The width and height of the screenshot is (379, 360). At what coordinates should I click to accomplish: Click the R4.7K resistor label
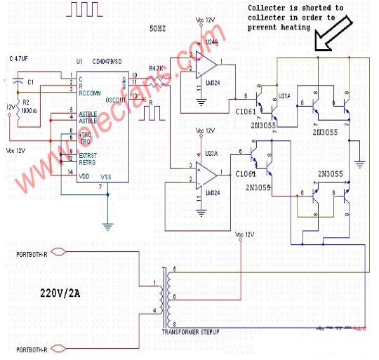(157, 68)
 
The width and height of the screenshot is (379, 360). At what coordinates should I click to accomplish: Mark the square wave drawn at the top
(86, 9)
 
